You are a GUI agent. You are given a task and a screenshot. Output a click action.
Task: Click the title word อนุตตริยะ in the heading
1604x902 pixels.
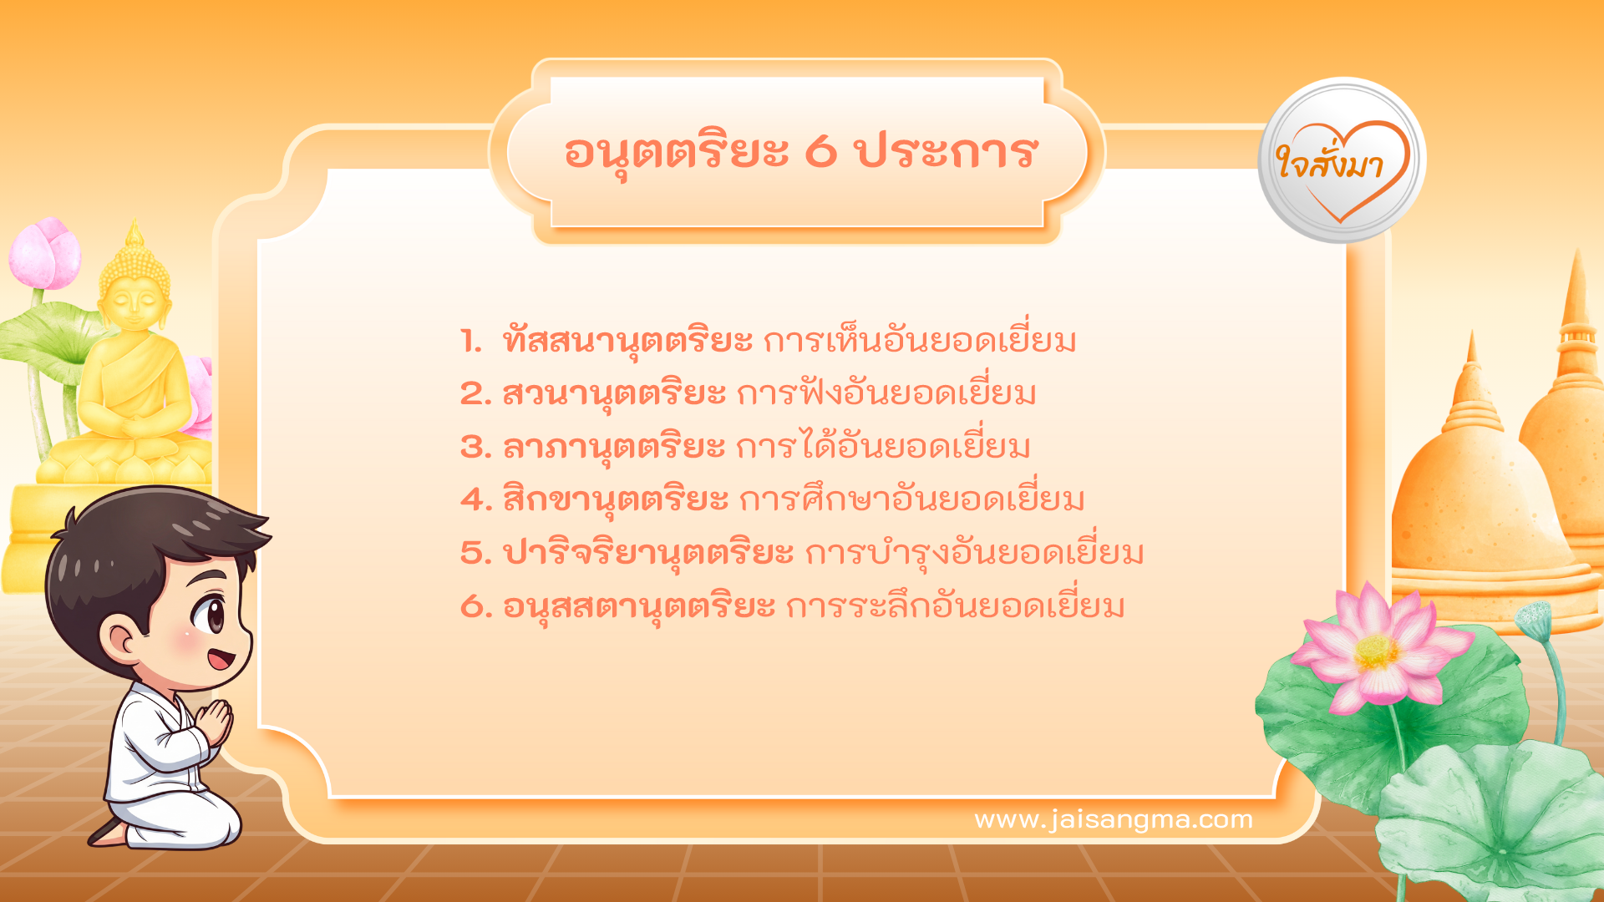(677, 153)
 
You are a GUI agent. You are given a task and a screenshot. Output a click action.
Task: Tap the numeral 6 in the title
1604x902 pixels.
(820, 151)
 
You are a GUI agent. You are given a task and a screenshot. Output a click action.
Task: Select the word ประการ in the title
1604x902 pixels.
(945, 151)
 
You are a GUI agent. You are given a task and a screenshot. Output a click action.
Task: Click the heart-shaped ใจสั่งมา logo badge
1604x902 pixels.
(1342, 160)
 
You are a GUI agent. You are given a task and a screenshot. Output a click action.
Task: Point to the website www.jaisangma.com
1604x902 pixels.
(1114, 819)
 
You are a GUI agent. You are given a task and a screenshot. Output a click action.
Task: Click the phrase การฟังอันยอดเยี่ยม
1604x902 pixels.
(886, 393)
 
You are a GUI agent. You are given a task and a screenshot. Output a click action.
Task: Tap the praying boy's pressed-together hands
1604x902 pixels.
(215, 722)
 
